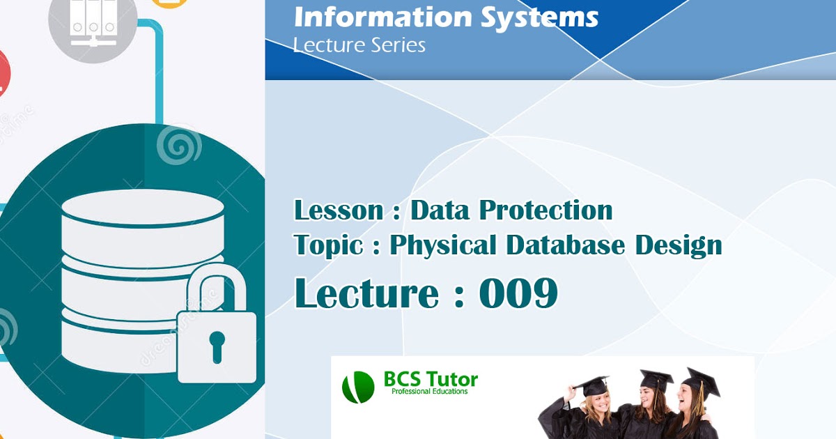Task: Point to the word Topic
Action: [327, 245]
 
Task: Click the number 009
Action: [518, 293]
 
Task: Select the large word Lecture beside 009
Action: [366, 293]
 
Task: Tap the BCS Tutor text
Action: [431, 380]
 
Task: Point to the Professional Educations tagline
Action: [430, 392]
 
